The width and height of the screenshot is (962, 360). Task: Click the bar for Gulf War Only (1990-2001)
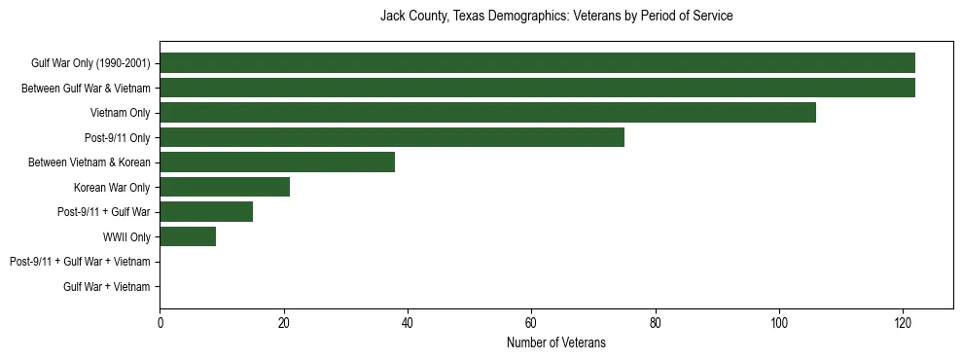(537, 63)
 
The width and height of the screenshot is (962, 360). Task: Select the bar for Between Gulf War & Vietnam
(537, 88)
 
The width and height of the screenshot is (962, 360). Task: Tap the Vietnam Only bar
(487, 113)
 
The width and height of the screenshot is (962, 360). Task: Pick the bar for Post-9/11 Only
(392, 137)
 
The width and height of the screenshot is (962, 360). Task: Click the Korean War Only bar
(225, 187)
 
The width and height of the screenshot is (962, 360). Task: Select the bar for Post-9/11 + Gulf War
(206, 212)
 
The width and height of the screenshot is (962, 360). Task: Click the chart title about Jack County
(555, 17)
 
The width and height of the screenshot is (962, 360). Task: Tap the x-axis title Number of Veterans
(555, 342)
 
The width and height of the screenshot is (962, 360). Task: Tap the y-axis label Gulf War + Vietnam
(106, 287)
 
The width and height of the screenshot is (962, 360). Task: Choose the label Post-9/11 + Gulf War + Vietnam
(80, 262)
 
